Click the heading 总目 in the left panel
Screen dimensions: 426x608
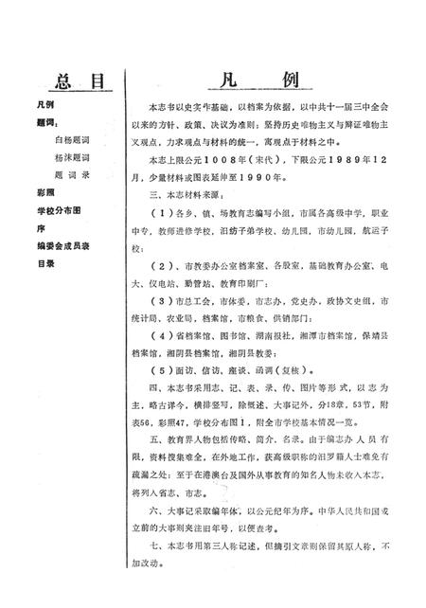click(65, 83)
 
